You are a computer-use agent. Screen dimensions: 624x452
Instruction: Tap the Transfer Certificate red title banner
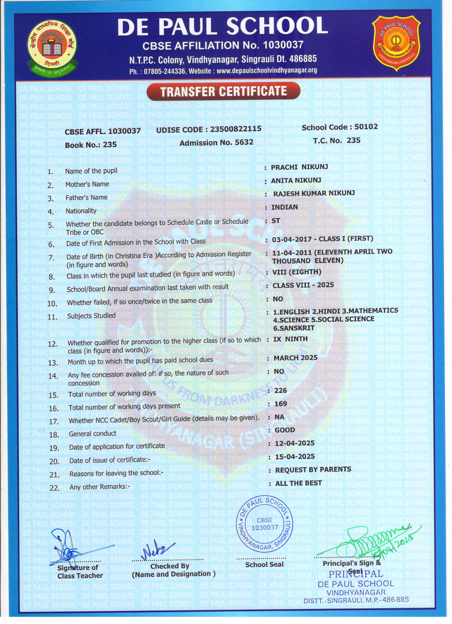click(x=223, y=91)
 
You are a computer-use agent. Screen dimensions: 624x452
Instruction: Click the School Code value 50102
click(x=366, y=127)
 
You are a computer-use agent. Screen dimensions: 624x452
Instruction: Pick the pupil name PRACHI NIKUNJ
click(x=299, y=167)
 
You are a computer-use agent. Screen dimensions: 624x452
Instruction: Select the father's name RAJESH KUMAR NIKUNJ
click(x=314, y=193)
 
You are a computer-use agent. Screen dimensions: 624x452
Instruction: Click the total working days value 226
click(x=280, y=390)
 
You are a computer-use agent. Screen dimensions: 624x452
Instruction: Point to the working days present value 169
click(x=281, y=404)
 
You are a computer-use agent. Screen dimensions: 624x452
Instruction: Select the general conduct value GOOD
click(x=285, y=430)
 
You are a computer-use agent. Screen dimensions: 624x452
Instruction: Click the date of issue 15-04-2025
click(x=295, y=457)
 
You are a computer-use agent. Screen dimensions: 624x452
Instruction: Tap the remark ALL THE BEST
click(x=298, y=483)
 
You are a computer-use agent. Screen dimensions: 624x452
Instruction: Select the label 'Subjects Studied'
click(x=91, y=315)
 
